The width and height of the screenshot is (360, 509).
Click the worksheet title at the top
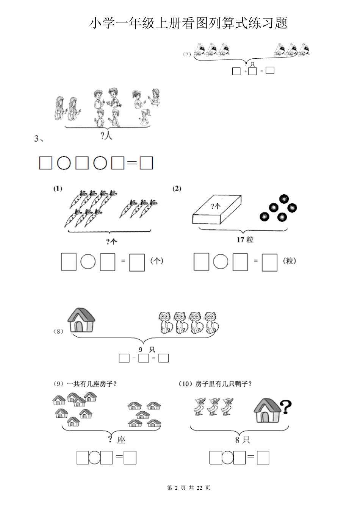[189, 23]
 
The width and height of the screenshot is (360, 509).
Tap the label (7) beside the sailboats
[187, 54]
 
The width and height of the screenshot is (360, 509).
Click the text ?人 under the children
[106, 136]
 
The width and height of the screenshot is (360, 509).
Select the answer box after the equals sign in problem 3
[146, 163]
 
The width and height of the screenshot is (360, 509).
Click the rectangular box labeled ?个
[217, 209]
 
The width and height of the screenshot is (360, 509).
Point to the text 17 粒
[245, 239]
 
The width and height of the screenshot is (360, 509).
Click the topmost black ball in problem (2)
[284, 199]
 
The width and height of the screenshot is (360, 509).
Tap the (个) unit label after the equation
[157, 261]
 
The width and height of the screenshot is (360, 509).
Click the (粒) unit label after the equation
[290, 261]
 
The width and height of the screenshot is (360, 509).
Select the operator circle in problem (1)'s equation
[88, 262]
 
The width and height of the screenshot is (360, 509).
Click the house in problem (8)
[81, 320]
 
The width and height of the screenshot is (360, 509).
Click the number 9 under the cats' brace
[141, 350]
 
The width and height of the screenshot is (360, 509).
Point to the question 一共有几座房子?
[92, 384]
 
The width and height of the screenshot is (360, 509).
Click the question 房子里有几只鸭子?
[224, 384]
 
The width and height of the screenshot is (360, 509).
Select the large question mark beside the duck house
[286, 407]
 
